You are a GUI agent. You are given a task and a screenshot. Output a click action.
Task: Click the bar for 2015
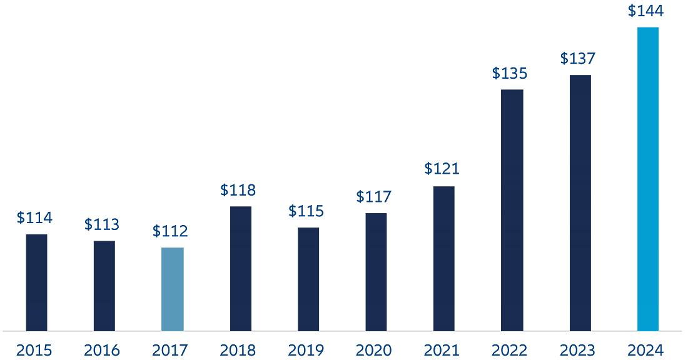tap(36, 282)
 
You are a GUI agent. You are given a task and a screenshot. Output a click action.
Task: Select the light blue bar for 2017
tap(173, 289)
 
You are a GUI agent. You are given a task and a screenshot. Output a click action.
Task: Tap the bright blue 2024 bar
tap(648, 179)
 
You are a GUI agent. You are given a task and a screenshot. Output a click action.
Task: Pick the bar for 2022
tap(513, 210)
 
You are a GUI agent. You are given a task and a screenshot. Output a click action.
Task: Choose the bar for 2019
tap(308, 279)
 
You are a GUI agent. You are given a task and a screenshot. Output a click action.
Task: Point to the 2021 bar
tap(444, 258)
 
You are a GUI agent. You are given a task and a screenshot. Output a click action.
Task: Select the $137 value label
tap(577, 59)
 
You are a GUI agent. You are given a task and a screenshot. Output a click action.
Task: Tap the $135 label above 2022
tap(510, 73)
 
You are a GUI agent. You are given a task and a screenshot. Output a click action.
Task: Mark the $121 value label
tap(442, 169)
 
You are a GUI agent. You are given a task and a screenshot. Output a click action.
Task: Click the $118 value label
tap(238, 190)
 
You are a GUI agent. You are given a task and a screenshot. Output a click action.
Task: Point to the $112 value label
tap(170, 231)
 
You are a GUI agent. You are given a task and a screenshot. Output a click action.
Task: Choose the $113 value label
tap(102, 224)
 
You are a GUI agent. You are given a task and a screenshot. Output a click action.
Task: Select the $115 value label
tap(306, 211)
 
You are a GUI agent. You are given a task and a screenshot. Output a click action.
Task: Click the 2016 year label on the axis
tap(102, 350)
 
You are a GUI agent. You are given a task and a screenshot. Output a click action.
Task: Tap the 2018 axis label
tap(238, 350)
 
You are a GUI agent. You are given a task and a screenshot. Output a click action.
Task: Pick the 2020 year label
tap(374, 350)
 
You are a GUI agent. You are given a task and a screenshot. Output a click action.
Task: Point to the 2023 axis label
tap(578, 350)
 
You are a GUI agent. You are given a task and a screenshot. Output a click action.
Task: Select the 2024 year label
tap(646, 350)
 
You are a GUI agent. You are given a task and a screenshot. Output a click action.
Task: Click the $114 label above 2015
tap(34, 218)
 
